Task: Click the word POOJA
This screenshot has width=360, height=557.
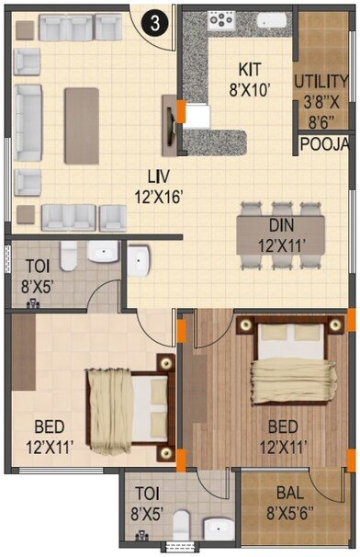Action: pyautogui.click(x=325, y=145)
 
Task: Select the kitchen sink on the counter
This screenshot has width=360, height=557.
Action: pyautogui.click(x=273, y=20)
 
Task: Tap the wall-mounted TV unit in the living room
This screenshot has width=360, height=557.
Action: pyautogui.click(x=170, y=123)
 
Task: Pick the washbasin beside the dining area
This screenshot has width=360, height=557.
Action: pyautogui.click(x=139, y=261)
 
